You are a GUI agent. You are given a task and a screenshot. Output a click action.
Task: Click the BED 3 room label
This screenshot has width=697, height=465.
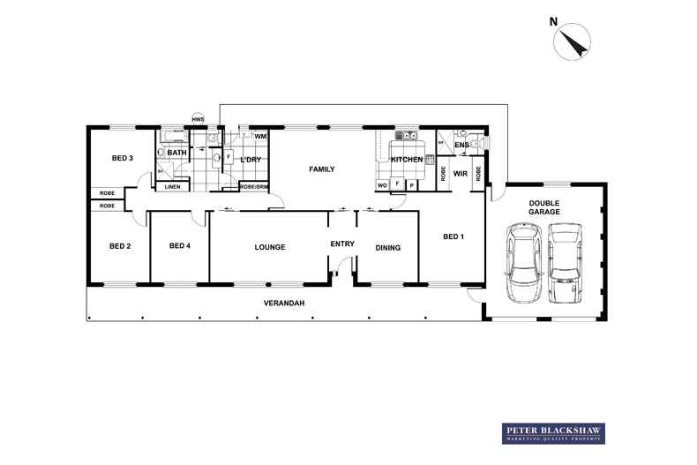click(122, 159)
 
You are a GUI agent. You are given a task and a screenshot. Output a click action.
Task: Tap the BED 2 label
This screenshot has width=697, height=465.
click(120, 246)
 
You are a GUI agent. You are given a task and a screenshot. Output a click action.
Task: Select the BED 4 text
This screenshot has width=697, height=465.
click(179, 246)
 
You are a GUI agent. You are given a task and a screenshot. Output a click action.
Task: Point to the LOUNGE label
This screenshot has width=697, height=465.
click(269, 247)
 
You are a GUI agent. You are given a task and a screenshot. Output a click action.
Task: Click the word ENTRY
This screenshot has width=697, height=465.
click(341, 244)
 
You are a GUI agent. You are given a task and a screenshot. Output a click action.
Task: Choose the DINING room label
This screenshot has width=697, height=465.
click(388, 248)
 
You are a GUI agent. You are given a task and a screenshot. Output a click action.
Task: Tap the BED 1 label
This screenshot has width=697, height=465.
click(453, 236)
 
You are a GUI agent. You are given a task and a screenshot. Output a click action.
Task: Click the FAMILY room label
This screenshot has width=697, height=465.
click(320, 169)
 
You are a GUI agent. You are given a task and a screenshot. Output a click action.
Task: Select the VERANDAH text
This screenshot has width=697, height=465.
click(284, 304)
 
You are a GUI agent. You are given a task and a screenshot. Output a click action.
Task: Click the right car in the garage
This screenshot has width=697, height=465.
click(566, 262)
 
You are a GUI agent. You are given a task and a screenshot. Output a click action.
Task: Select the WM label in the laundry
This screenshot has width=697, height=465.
click(260, 137)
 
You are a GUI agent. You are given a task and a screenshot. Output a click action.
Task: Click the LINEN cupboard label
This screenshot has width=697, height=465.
click(174, 187)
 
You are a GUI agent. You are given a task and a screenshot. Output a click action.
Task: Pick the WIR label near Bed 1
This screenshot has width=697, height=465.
click(460, 174)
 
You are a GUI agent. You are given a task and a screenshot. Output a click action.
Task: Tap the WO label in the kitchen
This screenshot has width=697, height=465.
click(382, 186)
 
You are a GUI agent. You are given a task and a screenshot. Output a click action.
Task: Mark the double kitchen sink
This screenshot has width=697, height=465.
click(407, 136)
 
